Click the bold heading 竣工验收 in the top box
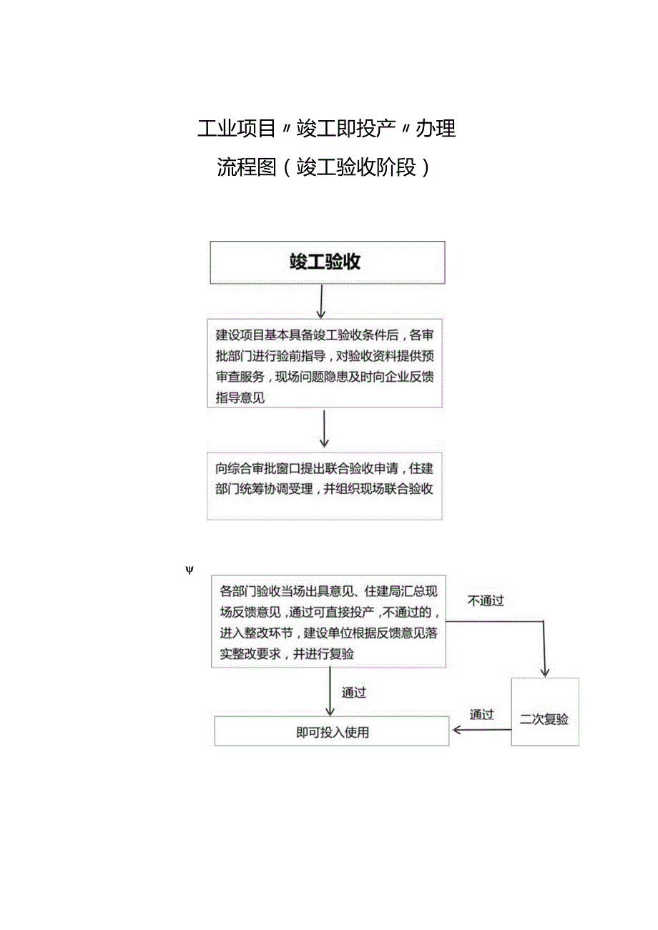tap(325, 262)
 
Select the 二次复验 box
tap(544, 719)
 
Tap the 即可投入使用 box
tap(332, 733)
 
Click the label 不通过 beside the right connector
tap(486, 601)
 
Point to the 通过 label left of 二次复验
tap(481, 714)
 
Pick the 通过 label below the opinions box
tap(354, 693)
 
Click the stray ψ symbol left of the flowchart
tap(190, 570)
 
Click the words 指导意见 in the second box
tap(240, 397)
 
